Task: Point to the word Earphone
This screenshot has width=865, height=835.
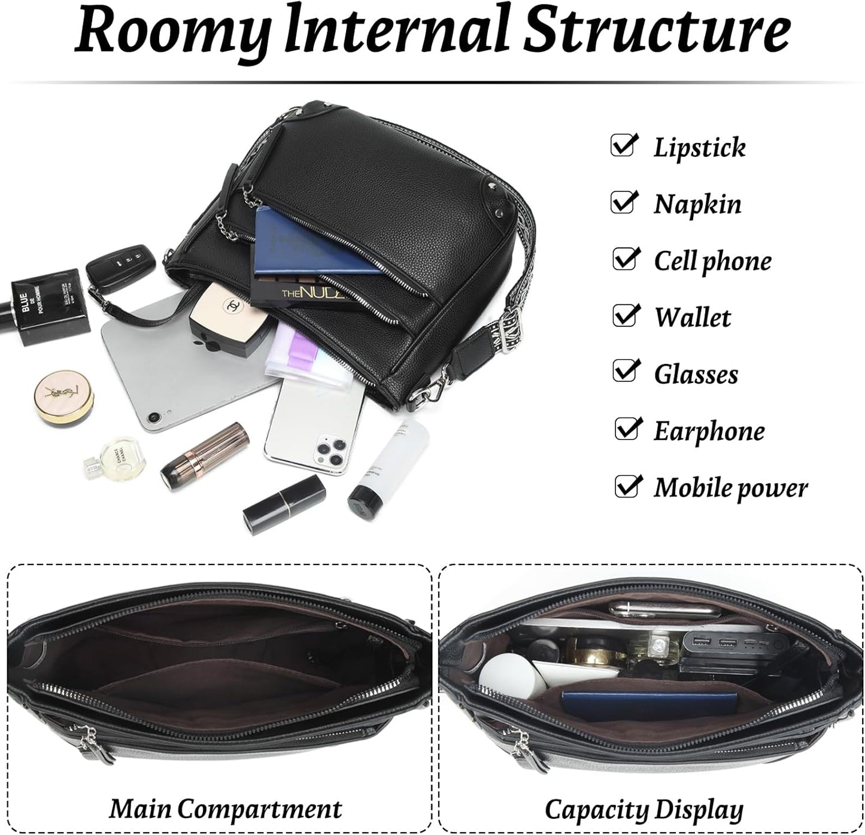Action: [709, 432]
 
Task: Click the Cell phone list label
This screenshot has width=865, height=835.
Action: [712, 262]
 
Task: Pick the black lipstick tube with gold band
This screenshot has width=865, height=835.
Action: [284, 505]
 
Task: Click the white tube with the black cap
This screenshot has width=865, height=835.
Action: [389, 470]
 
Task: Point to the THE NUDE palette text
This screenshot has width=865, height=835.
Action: [313, 292]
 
